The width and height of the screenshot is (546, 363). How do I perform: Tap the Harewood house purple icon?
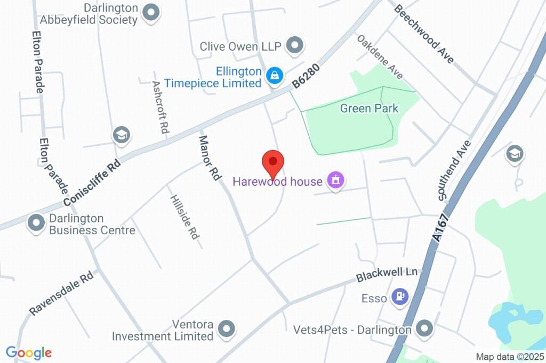335,181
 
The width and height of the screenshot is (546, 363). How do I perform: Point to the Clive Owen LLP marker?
294,46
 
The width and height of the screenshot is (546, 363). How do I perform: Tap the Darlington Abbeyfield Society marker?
151,14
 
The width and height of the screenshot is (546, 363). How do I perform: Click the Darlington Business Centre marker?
36,224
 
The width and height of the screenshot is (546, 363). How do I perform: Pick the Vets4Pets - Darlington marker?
424,329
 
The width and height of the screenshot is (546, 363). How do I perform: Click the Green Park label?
369,109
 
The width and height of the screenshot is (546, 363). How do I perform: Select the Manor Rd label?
210,158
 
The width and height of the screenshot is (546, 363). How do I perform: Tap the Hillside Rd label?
184,216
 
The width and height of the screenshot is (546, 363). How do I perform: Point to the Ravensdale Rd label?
61,294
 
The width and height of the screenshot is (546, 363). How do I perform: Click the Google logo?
29,352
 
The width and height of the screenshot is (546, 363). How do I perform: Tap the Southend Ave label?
454,170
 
